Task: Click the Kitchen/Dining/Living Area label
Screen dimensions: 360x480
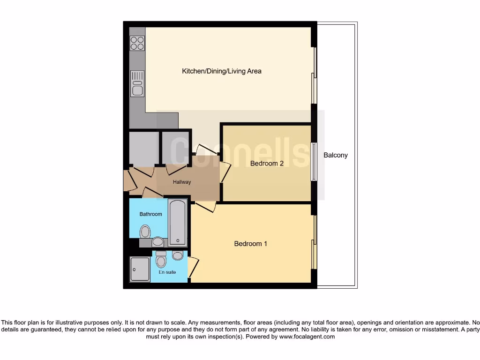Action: click(x=222, y=71)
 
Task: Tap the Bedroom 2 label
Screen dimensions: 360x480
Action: click(x=267, y=164)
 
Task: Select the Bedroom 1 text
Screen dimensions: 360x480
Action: click(x=251, y=244)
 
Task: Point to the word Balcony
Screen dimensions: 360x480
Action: click(x=336, y=155)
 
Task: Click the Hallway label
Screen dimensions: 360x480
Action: click(x=182, y=182)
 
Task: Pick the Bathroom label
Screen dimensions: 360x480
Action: click(x=151, y=214)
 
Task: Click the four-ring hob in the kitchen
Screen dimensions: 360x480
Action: click(x=137, y=43)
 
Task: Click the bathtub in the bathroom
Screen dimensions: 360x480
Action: click(x=178, y=223)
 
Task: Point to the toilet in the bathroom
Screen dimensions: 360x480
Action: click(x=145, y=231)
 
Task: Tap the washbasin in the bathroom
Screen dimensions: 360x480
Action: click(x=158, y=242)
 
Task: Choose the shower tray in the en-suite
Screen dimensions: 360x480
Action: click(x=140, y=269)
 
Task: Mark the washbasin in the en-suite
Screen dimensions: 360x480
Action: click(x=177, y=255)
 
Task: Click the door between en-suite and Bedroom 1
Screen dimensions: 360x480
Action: click(x=193, y=267)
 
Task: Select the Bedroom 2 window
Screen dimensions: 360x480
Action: click(x=314, y=161)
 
